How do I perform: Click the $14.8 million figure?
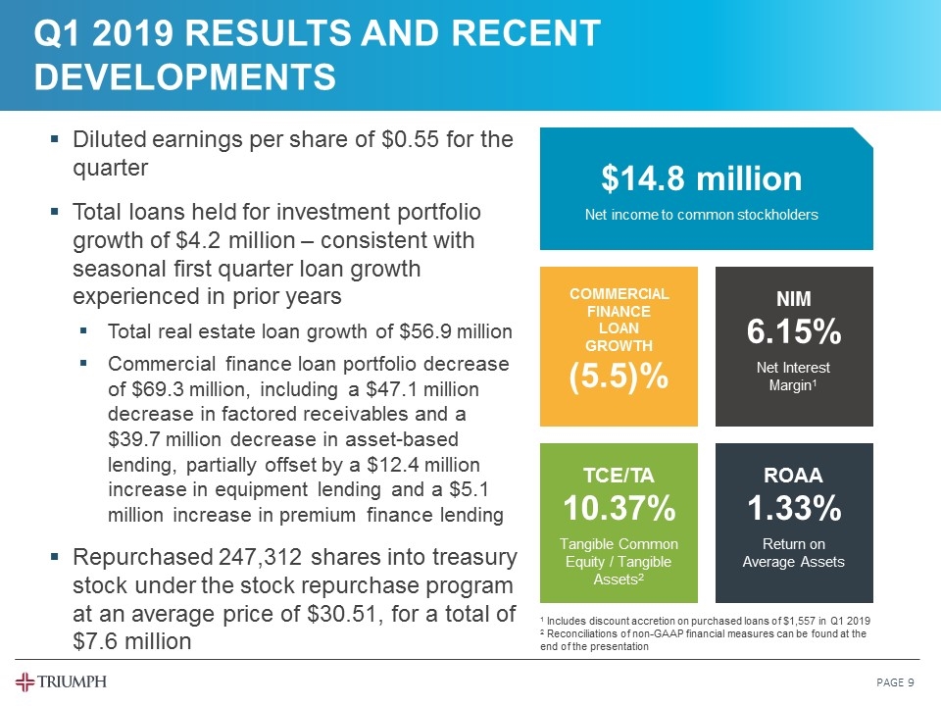coord(701,178)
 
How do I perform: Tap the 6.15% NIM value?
coord(793,332)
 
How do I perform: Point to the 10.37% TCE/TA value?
coord(619,509)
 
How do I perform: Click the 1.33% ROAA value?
coord(793,509)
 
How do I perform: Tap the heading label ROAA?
coord(793,476)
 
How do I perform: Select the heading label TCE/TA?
coord(619,476)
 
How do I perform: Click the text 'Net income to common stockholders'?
coord(701,215)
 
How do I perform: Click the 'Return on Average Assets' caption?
coord(793,553)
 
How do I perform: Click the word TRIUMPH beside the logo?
coord(74,681)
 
